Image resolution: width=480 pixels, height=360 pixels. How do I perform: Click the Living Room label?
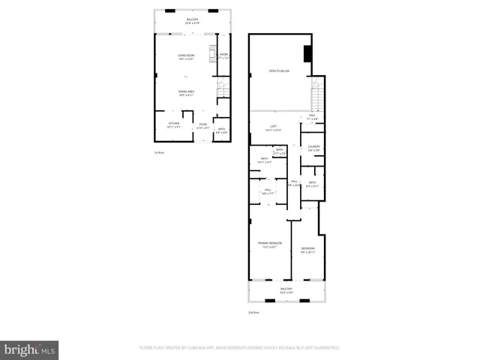point(186,57)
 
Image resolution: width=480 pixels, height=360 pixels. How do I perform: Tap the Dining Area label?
point(186,93)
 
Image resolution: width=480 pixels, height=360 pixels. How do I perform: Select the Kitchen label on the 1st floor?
point(173,124)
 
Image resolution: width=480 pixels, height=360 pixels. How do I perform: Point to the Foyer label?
point(202,125)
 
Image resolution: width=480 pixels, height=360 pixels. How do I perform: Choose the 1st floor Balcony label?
point(193,21)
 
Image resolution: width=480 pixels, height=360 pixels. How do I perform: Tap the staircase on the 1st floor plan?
point(222,90)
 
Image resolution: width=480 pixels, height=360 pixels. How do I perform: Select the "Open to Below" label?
point(280,72)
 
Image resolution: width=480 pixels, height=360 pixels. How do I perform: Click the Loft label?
point(271,128)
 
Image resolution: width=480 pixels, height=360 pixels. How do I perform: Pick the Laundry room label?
point(313,148)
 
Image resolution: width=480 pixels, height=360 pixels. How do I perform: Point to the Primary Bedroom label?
point(270,244)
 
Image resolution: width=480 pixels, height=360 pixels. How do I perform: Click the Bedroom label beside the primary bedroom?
point(308,250)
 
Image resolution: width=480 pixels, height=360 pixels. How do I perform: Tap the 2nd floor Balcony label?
point(286,290)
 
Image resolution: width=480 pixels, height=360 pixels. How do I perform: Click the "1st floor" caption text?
point(158,152)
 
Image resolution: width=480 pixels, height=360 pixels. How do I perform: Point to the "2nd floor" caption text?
point(253,312)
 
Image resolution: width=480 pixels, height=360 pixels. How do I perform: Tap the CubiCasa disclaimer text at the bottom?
point(239,348)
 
